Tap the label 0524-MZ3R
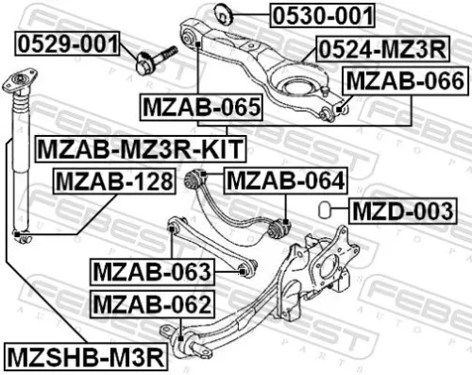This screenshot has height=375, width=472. pos(382,46)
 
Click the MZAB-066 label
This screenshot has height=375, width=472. pos(403,82)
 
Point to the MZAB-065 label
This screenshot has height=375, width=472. pos(200,109)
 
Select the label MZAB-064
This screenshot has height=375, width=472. pos(285,179)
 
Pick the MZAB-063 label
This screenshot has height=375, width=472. pos(151,272)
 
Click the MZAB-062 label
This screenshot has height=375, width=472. pos(151,304)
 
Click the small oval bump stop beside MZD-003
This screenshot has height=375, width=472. pos(324,208)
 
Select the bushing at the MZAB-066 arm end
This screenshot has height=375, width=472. pos(330,112)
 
